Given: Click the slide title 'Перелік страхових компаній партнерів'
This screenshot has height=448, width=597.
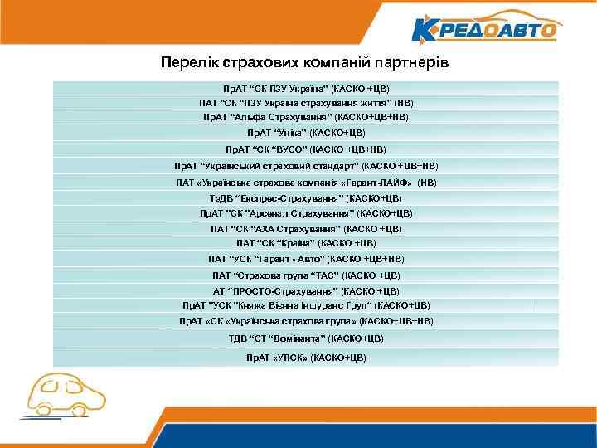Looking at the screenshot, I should (306, 63).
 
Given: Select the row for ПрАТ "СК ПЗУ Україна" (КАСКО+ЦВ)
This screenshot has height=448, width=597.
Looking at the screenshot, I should (306, 87).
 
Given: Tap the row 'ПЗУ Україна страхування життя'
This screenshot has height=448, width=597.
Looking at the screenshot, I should (306, 103).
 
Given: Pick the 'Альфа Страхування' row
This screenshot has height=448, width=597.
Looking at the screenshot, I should (306, 118).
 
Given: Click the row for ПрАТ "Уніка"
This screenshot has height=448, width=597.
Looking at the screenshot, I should (306, 133).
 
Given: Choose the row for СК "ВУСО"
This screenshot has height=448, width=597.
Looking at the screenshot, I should (306, 150).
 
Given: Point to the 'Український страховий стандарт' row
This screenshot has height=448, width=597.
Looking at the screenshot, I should (306, 166).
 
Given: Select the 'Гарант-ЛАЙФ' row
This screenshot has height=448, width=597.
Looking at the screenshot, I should (306, 183).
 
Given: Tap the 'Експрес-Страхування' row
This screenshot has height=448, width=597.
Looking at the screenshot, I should (306, 198).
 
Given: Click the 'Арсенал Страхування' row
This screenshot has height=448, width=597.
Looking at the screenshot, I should (306, 213).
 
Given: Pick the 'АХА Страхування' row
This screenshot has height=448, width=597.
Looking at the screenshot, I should (306, 228).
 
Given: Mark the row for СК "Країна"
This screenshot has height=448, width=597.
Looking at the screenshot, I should (306, 243).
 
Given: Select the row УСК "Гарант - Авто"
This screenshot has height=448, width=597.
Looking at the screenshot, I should (306, 259).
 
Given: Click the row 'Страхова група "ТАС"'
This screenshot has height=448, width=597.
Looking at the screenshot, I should (306, 275).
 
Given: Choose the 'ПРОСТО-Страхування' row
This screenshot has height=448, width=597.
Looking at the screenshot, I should (306, 291).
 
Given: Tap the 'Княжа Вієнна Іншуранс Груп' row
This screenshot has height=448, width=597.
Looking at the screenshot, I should (306, 304).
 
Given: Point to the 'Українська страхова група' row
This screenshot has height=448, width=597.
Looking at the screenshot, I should (306, 320).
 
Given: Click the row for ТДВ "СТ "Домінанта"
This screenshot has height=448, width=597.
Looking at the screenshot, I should (306, 338).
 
